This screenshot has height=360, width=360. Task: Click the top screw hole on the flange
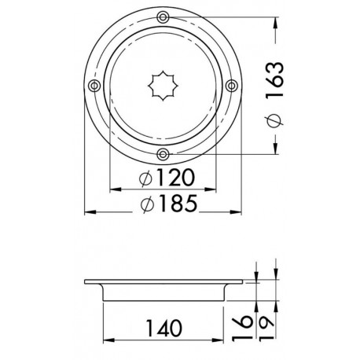pyautogui.click(x=163, y=17)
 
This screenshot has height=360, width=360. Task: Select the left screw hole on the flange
pyautogui.click(x=94, y=85)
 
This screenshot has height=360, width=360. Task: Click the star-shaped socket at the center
pyautogui.click(x=163, y=85)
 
